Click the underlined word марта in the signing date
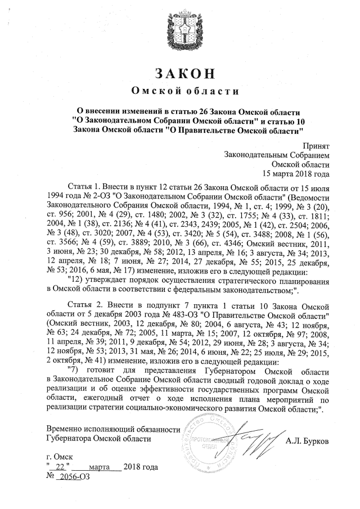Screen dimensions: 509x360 (96, 468)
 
